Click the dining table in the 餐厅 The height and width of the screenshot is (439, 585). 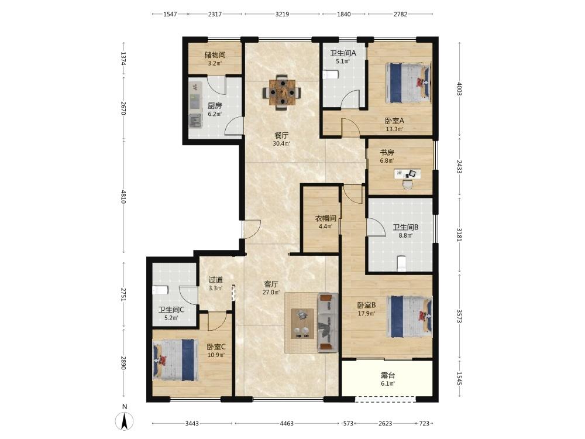click(x=282, y=92)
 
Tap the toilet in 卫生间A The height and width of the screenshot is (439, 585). click(x=330, y=75)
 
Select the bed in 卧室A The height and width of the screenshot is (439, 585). click(x=408, y=83)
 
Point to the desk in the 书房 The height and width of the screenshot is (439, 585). click(x=407, y=174)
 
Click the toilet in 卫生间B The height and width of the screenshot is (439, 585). click(x=401, y=263)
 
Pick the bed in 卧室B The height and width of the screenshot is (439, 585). click(x=409, y=317)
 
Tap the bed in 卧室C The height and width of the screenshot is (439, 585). click(x=174, y=360)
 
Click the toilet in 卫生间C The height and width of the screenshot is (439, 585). click(x=160, y=290)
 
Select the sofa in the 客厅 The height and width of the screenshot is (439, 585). click(x=328, y=323)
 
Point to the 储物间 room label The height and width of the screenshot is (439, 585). click(x=215, y=55)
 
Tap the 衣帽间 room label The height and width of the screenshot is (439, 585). click(x=326, y=218)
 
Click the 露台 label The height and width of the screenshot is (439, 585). click(x=388, y=376)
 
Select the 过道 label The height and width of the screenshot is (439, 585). click(x=216, y=280)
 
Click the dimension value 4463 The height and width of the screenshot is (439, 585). click(x=287, y=423)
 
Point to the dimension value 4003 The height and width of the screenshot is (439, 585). click(x=459, y=89)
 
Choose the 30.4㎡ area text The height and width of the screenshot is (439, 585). click(x=282, y=143)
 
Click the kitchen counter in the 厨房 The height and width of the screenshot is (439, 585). click(x=195, y=105)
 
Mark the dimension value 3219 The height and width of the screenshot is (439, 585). click(x=282, y=14)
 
